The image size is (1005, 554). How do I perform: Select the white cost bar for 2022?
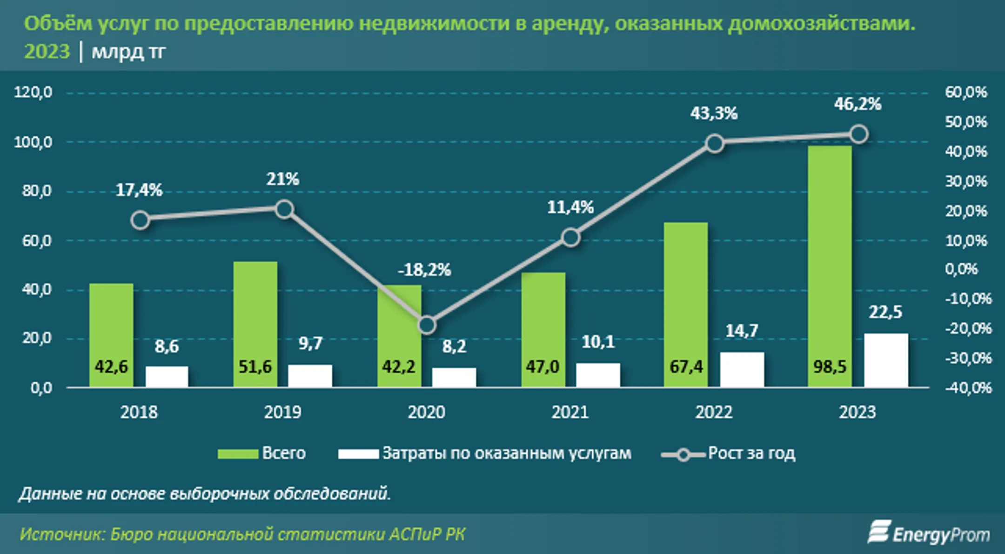pos(742,369)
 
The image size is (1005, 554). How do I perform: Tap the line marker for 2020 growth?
pos(427,325)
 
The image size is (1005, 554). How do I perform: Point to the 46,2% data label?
pos(858,104)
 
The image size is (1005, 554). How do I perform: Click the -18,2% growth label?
pos(424,270)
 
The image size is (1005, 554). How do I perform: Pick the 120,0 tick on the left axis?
pos(33,92)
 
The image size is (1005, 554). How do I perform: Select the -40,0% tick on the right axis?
pos(968,387)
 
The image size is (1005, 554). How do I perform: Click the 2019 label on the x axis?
pos(282,412)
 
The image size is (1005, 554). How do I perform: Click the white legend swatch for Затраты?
pos(358,454)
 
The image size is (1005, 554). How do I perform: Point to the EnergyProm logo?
pos(929,534)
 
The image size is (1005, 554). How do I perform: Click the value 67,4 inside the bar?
pos(686,367)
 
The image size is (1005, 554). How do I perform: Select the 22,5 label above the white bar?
pos(885,312)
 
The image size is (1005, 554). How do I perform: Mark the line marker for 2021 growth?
pos(571,238)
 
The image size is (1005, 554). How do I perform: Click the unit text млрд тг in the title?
pos(128,52)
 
